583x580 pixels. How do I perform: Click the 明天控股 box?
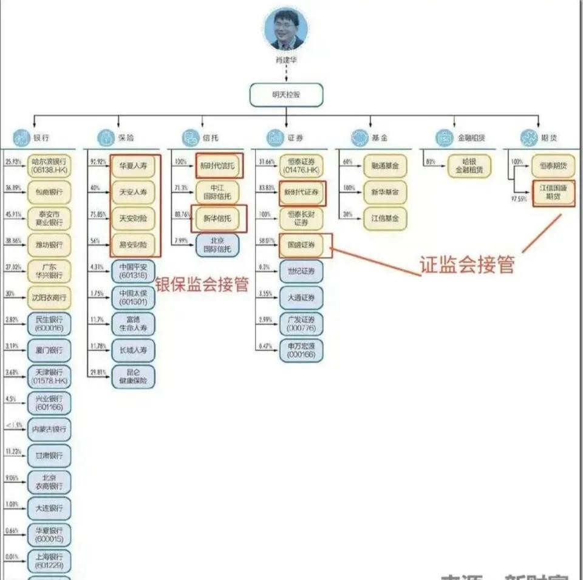286,95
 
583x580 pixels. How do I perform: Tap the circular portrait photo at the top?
286,30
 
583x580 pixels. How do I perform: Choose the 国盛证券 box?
302,244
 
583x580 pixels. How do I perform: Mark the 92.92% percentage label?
97,162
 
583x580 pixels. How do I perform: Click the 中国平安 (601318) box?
133,271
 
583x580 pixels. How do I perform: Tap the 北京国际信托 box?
217,244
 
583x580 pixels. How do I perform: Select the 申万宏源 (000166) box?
302,350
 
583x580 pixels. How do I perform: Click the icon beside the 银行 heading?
22,138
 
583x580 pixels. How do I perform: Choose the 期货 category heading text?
549,138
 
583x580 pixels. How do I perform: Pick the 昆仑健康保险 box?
133,377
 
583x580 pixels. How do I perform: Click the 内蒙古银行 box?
49,429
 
